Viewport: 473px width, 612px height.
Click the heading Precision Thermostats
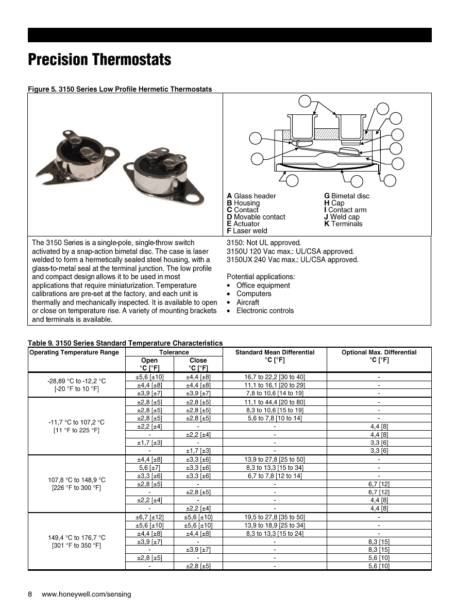99,60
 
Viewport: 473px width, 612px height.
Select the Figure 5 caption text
120,89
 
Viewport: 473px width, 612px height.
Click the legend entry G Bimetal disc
346,196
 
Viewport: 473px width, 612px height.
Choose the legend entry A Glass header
251,196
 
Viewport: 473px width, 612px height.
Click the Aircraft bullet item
247,302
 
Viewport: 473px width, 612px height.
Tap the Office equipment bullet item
263,285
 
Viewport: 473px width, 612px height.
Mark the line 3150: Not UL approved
263,243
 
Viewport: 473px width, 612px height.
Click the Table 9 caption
125,343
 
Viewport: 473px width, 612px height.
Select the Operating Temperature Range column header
74,352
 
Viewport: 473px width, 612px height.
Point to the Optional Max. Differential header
379,352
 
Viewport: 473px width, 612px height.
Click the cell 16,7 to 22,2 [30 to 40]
275,377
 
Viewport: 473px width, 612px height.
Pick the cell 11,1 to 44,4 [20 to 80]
275,402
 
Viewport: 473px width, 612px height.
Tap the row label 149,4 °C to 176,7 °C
76,538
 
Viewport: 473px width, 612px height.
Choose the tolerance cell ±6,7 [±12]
149,517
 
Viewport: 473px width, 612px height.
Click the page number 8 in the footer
30,594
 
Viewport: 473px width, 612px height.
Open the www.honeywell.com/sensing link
86,594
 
